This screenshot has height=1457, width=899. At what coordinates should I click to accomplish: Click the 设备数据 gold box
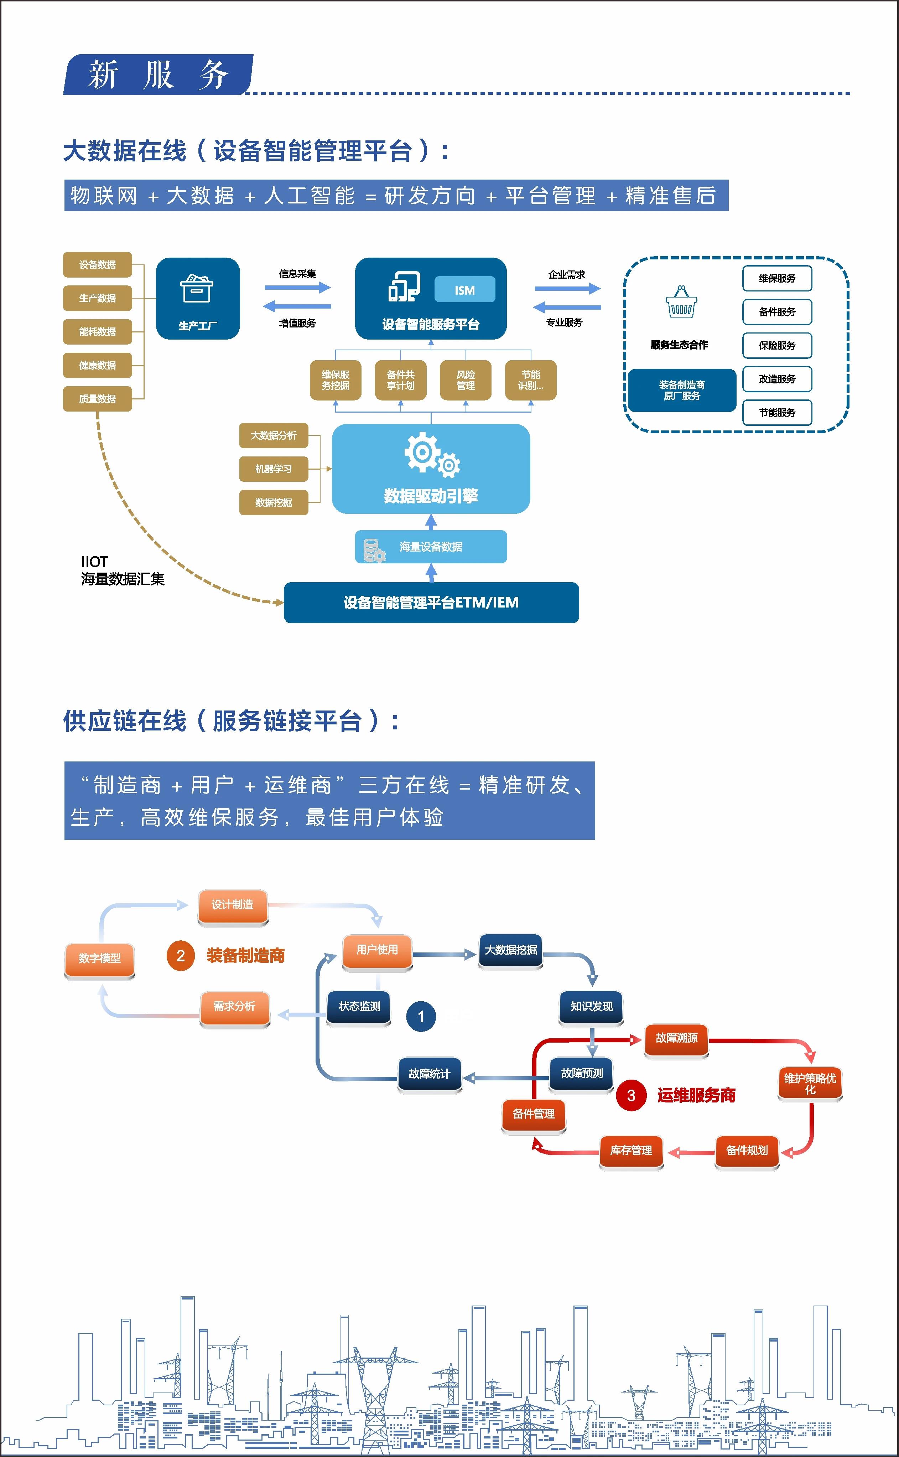coord(98,265)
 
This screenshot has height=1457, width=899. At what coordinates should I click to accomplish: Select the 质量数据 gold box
coord(98,398)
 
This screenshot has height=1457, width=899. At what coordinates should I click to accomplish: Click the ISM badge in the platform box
coord(464,290)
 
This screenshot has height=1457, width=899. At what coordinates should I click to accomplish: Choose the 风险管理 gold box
coord(466,380)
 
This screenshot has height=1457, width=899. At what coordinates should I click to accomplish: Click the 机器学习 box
coord(274,469)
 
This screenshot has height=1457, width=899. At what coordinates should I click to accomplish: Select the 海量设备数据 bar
coord(431,547)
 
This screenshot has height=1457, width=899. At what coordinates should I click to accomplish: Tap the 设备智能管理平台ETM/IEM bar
coord(431,603)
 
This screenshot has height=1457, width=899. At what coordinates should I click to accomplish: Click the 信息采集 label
coord(297,274)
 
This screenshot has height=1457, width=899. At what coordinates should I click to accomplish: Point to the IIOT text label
coord(94,562)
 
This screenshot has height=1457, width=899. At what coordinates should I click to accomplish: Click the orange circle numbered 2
coord(181,956)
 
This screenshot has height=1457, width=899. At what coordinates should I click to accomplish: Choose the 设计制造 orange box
coord(233,905)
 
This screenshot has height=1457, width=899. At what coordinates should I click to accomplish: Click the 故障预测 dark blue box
coord(582,1073)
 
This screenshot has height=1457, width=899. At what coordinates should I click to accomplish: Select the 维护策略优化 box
coord(810,1084)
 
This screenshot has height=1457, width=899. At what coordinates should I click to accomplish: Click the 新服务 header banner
coord(158,75)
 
